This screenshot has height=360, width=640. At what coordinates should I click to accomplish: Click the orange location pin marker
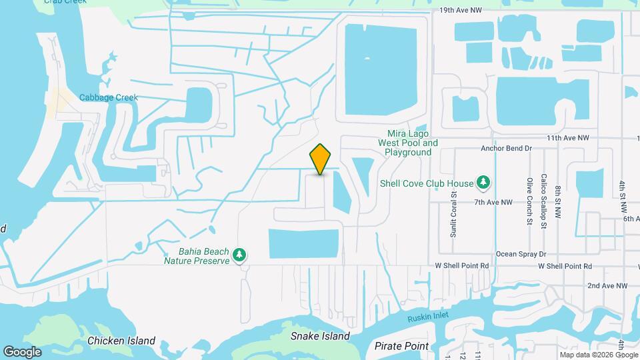pos(321,159)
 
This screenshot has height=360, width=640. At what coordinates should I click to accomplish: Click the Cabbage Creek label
pos(109,97)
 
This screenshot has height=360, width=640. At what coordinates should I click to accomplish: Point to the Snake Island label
pos(320,337)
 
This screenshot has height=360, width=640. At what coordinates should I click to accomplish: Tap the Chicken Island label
pos(121,341)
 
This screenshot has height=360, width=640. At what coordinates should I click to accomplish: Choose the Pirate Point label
pos(402,346)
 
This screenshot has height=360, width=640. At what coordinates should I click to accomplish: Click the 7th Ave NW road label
pos(493,202)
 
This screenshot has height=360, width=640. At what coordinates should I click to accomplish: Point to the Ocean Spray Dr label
pos(521,255)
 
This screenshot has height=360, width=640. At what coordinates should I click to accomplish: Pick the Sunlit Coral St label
pos(453,215)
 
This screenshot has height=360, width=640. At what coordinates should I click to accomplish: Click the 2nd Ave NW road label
pos(607,286)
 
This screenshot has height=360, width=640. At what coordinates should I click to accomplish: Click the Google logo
pos(22,351)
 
